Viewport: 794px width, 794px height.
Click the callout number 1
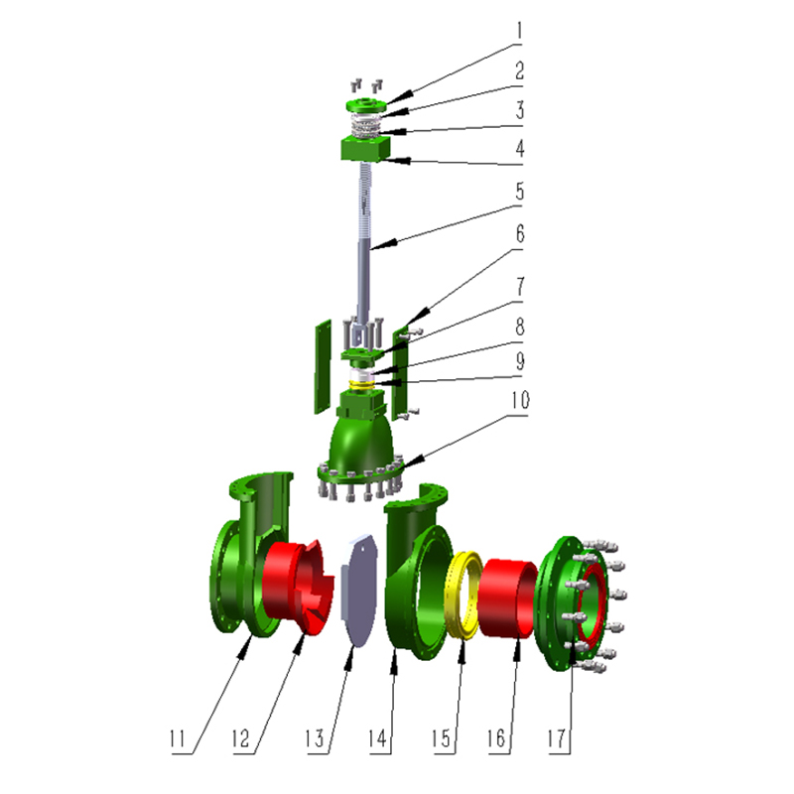pyautogui.click(x=519, y=32)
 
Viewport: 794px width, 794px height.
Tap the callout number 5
pyautogui.click(x=520, y=192)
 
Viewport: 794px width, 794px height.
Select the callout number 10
pyautogui.click(x=520, y=400)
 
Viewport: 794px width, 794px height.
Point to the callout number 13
pyautogui.click(x=314, y=738)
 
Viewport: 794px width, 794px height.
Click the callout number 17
pyautogui.click(x=556, y=738)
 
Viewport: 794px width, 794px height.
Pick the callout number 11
pyautogui.click(x=177, y=738)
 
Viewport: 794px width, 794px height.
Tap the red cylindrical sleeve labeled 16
pyautogui.click(x=508, y=598)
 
